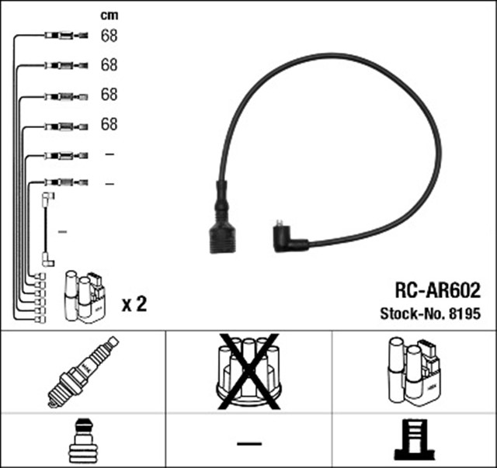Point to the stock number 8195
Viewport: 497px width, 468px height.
tap(464, 314)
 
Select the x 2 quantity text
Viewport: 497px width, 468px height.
tap(134, 304)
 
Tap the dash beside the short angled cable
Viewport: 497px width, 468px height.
tap(63, 231)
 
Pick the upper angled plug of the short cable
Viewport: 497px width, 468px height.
tap(47, 199)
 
